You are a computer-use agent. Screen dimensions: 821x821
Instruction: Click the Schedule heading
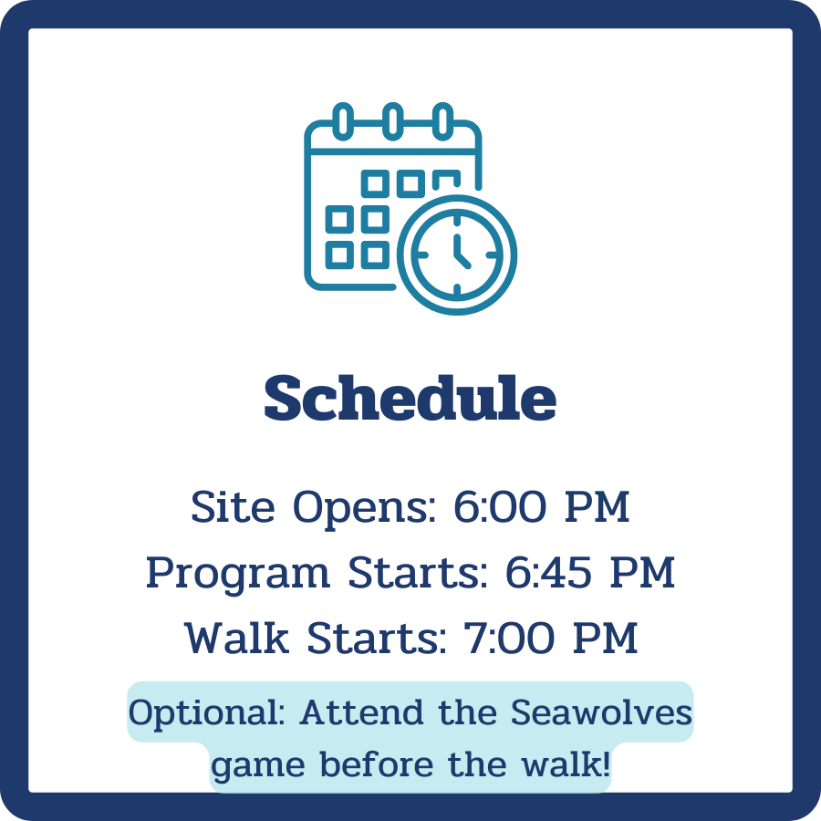click(x=410, y=399)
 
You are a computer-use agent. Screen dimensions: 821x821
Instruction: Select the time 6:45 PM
click(x=577, y=573)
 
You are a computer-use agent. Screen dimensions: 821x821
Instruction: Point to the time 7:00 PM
click(x=541, y=639)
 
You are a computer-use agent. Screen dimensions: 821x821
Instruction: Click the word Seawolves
click(x=601, y=712)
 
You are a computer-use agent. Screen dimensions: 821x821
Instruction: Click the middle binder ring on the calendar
click(x=392, y=120)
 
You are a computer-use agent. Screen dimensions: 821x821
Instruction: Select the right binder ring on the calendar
click(x=442, y=120)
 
